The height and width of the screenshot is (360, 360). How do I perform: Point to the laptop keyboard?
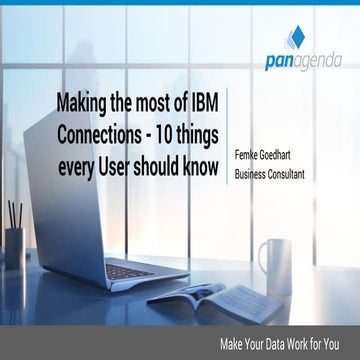tap(131, 270)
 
